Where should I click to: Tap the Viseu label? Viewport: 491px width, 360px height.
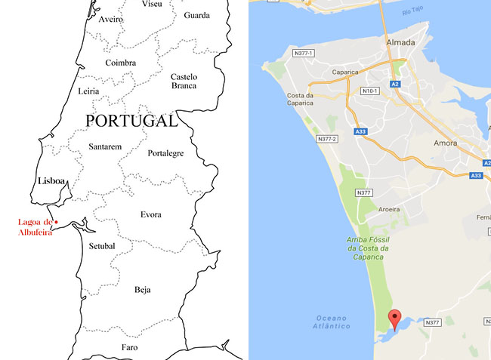pyautogui.click(x=152, y=4)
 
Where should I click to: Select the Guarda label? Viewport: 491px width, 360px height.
pyautogui.click(x=196, y=14)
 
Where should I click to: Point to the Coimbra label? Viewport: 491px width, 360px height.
pyautogui.click(x=121, y=63)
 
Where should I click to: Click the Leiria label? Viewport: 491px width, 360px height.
pyautogui.click(x=88, y=91)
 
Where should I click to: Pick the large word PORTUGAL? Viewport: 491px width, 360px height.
pyautogui.click(x=131, y=121)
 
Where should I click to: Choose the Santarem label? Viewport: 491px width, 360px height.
pyautogui.click(x=105, y=146)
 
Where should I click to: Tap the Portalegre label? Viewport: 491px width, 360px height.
pyautogui.click(x=165, y=153)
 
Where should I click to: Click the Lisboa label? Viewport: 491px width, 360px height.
pyautogui.click(x=52, y=181)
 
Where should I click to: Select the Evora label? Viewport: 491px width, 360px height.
pyautogui.click(x=150, y=215)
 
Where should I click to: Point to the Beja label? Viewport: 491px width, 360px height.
pyautogui.click(x=143, y=289)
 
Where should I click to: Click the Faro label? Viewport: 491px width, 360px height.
pyautogui.click(x=130, y=347)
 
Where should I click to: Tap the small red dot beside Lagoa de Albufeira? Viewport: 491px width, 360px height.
pyautogui.click(x=57, y=222)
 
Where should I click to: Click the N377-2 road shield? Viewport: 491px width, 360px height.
pyautogui.click(x=327, y=140)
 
